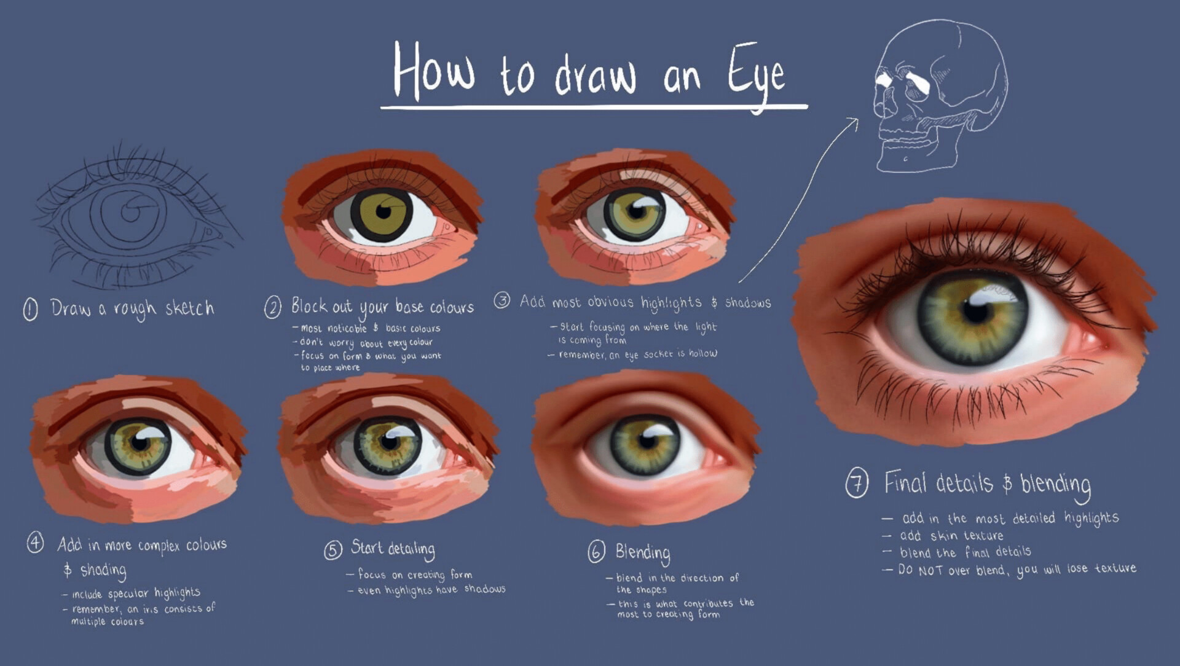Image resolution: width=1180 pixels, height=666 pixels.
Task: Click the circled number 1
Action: coord(30,309)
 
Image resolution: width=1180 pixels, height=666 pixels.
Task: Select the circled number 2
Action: coord(273,307)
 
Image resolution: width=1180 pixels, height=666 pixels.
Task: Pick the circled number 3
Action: coord(502,300)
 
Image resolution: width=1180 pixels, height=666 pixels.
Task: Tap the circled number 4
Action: coord(35,543)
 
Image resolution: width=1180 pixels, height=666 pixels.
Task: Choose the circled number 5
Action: coord(332,550)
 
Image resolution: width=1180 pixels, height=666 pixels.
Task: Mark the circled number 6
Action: coord(596,552)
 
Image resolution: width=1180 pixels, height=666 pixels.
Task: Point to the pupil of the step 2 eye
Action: coord(383,213)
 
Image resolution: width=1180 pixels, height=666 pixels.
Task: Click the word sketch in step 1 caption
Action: coord(190,307)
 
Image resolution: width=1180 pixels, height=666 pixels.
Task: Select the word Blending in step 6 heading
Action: coord(643,554)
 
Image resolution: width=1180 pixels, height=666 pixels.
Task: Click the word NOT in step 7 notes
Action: coord(930,571)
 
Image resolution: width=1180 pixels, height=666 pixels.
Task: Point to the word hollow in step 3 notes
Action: coord(702,353)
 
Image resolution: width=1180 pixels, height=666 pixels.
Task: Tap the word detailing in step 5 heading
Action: coord(411,549)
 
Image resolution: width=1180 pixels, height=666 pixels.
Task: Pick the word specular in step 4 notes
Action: coord(128,594)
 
